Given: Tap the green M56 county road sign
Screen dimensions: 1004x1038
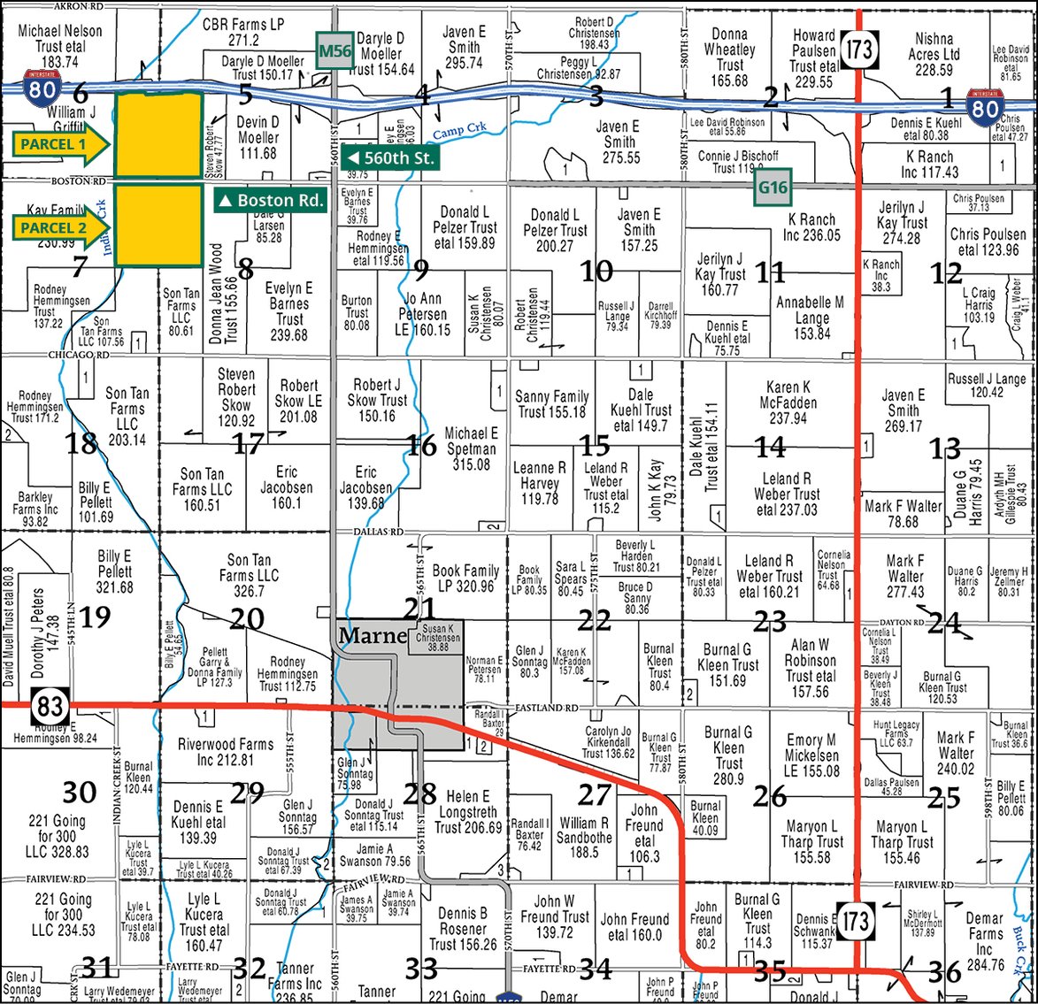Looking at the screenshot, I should coord(335,50).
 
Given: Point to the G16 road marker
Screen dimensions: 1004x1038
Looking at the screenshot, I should coord(773,188).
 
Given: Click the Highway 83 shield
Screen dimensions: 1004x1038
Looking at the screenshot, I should coord(50,705).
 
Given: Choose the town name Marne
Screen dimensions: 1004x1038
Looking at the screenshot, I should coord(372,635).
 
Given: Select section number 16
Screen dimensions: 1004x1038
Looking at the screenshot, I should coord(421,445).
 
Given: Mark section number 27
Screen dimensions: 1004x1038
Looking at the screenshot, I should coord(595,794).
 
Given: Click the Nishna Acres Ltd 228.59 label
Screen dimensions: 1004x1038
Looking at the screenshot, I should coord(934,54).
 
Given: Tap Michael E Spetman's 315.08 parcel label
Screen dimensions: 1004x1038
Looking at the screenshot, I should coord(471,448).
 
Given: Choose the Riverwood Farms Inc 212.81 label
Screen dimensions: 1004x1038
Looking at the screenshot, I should coord(225,752).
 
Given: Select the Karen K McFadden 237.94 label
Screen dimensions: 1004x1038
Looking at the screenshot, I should coord(788,402).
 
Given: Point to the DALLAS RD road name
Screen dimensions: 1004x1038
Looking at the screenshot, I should coord(379,533).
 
